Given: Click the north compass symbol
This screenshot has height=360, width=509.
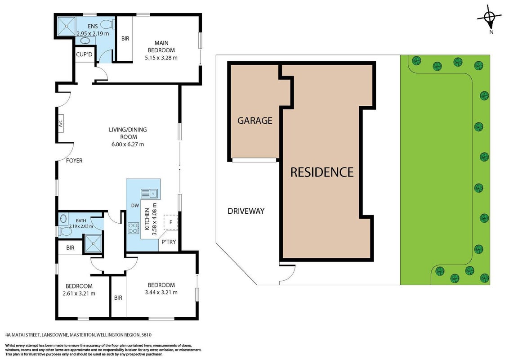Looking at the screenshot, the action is click(490, 19).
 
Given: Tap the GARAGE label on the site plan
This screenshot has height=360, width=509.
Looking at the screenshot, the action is click(255, 121).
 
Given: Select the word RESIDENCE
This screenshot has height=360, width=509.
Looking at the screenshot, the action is click(321, 172).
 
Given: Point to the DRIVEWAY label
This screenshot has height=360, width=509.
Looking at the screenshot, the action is click(246, 211).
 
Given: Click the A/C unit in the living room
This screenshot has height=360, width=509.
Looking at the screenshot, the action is click(60, 123).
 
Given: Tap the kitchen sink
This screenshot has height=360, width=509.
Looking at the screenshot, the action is click(149, 193).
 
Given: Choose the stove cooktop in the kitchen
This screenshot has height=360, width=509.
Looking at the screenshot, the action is click(134, 227).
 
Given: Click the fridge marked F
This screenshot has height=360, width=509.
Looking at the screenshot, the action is click(170, 223).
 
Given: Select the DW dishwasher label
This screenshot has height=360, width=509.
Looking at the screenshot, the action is click(135, 205).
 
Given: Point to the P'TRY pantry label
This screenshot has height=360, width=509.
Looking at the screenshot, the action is click(169, 242).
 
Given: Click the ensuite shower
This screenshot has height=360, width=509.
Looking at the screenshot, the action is click(66, 26).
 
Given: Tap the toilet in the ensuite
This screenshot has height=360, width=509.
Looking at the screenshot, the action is click(107, 24).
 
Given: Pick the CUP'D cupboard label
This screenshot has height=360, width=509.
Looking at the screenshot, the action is click(84, 54).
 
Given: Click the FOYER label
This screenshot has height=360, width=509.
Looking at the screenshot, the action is click(74, 161).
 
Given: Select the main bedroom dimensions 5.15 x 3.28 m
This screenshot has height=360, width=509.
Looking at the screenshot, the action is click(161, 58).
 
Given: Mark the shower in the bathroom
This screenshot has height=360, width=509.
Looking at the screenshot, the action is click(93, 243).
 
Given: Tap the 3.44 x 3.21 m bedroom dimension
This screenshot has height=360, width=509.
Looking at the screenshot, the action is click(161, 292).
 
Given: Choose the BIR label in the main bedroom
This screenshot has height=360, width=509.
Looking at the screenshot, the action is click(125, 38).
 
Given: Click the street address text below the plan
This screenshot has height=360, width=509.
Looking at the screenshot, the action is click(79, 335).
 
